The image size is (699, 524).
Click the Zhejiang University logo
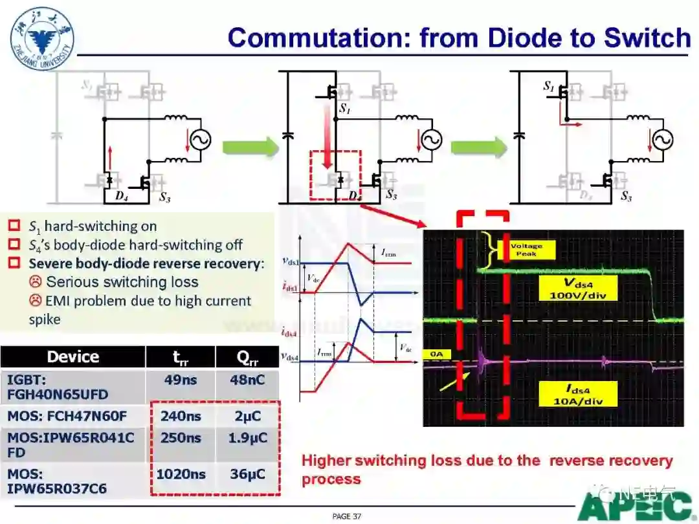click(42, 36)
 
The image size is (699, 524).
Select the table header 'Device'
click(73, 356)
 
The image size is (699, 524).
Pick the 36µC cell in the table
click(247, 474)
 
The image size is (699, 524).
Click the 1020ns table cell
click(181, 474)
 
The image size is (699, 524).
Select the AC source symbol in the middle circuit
click(429, 140)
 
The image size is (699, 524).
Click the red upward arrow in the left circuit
click(110, 157)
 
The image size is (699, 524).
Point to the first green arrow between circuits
click(250, 146)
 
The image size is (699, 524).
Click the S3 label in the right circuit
click(625, 196)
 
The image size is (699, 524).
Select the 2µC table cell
click(247, 415)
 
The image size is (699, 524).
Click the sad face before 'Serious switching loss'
click(35, 282)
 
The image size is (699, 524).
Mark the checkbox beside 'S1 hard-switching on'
click(14, 226)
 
